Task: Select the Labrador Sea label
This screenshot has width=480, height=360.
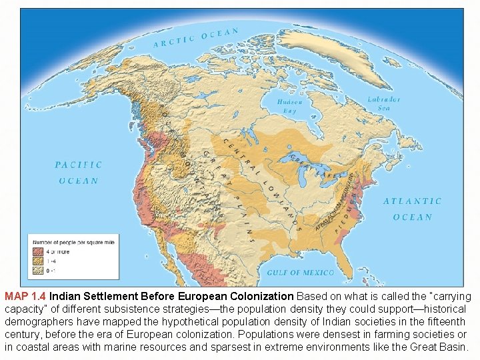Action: (384, 103)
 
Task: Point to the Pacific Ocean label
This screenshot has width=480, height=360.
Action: (78, 173)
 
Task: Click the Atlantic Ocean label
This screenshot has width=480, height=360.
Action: (412, 209)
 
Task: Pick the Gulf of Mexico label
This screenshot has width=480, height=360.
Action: (300, 273)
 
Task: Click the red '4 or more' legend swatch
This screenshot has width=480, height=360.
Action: (38, 251)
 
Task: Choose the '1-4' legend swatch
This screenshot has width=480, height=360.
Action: (38, 261)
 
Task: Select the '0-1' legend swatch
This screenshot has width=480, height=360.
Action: (38, 271)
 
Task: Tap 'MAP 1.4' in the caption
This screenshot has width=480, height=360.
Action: (25, 296)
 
